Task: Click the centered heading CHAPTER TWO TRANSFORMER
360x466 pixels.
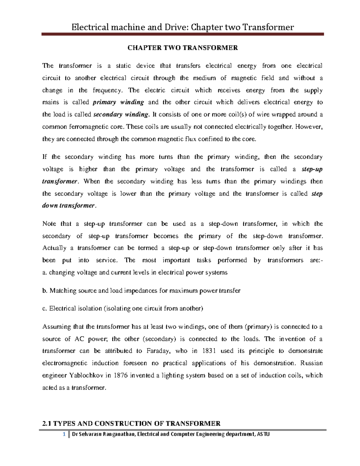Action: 183,48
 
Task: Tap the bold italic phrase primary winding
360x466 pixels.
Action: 118,102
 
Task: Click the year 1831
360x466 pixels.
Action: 209,351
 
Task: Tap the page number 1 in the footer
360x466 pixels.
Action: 64,434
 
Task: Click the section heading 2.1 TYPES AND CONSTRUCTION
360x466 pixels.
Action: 131,423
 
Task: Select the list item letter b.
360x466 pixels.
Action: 45,291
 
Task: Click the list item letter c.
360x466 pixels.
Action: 44,308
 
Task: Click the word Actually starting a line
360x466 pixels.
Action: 54,248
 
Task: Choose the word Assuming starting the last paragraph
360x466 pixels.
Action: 57,327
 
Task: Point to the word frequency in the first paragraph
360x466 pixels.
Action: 107,90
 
